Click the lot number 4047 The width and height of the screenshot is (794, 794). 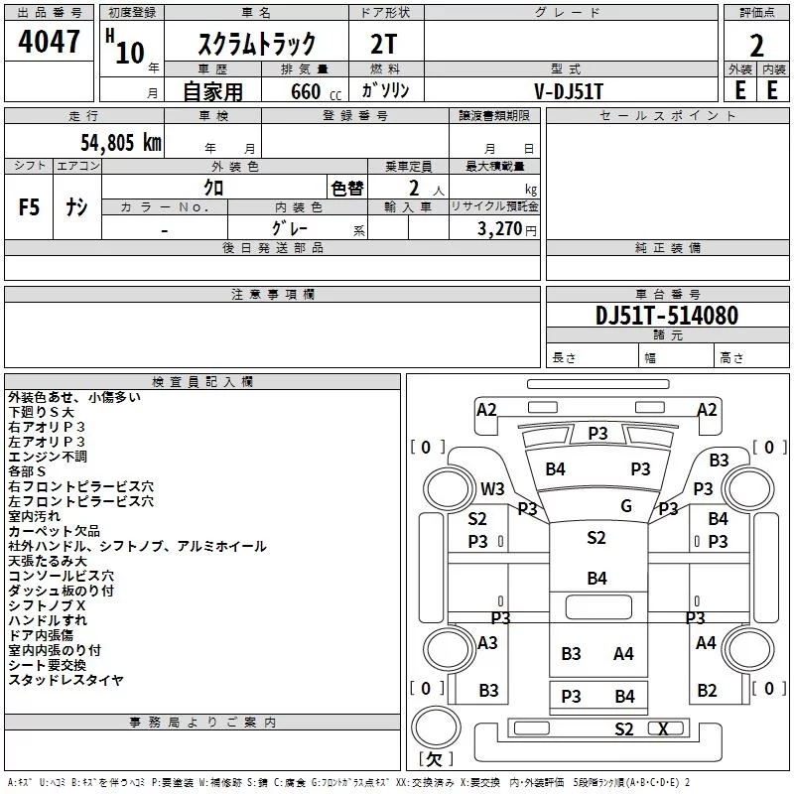pos(50,42)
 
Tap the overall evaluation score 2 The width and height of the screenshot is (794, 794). pos(756,46)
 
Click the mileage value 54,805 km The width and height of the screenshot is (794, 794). pos(121,142)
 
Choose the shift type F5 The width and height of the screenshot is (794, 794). pos(29,208)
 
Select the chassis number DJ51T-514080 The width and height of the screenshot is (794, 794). pos(667,316)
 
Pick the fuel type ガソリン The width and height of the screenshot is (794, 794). pos(387,90)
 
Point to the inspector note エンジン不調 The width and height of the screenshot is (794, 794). pos(48,457)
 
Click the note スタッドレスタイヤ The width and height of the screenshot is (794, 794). pos(66,680)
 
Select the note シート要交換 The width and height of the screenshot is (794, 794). pos(48,665)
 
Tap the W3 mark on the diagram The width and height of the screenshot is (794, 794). pos(492,488)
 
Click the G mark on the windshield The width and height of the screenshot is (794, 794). pos(626,506)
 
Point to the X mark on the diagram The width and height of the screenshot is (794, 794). pos(664,729)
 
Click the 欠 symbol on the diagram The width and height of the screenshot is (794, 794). pos(434,759)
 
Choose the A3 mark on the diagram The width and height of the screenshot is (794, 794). pos(487,643)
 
